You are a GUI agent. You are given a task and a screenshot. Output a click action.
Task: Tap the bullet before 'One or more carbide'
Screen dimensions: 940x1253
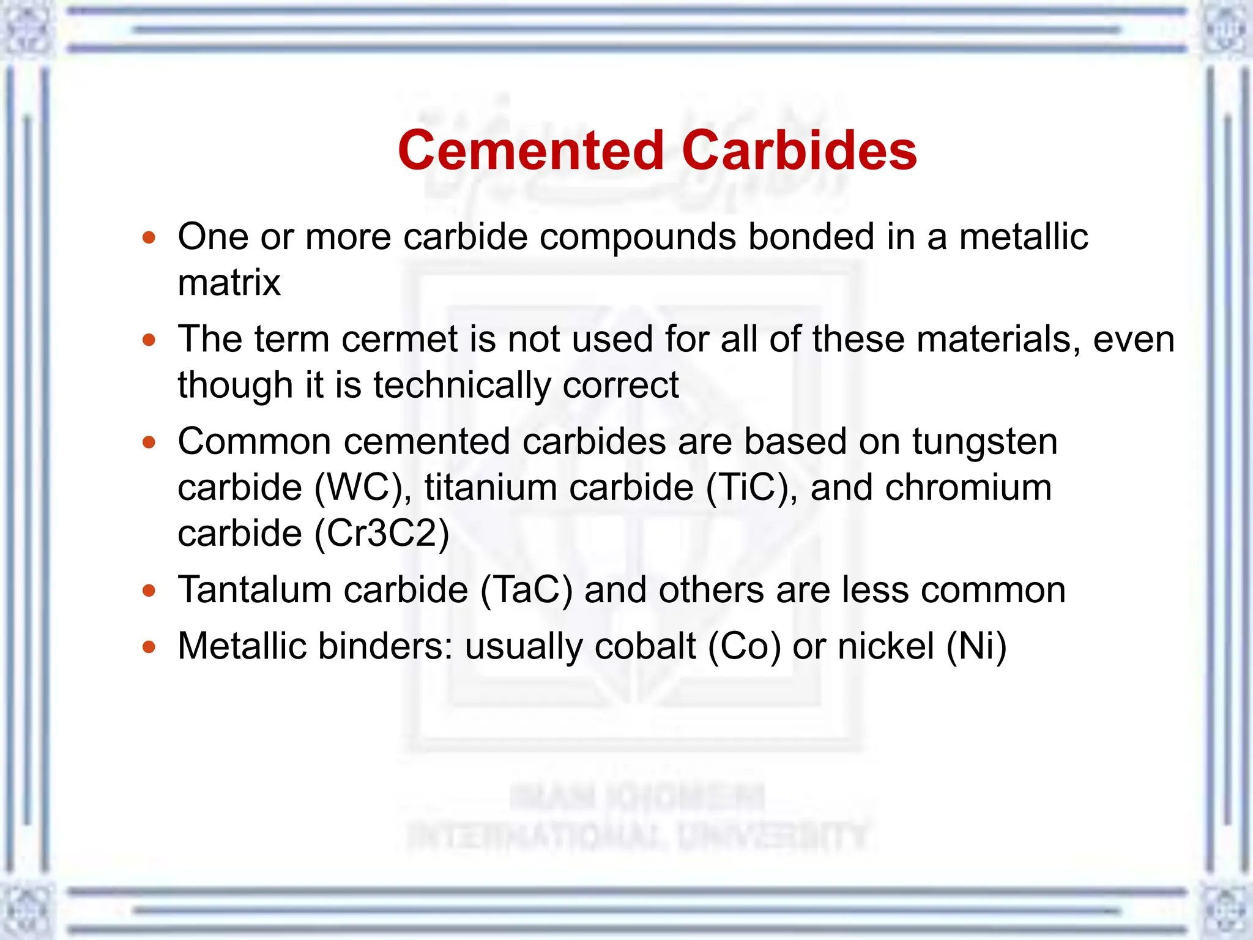pos(149,237)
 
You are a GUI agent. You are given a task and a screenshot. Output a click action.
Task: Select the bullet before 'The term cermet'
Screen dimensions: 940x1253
pos(149,340)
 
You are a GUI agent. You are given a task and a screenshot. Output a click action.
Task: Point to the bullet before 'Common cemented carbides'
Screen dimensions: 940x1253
pos(149,442)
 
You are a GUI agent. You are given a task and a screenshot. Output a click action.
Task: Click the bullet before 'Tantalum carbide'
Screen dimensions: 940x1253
pos(149,591)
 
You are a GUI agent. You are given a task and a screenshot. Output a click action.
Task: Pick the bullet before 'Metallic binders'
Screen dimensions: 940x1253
pos(149,647)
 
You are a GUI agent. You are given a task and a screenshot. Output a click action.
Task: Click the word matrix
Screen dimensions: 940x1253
pos(229,283)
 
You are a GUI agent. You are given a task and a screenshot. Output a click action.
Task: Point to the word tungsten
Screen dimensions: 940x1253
pos(985,442)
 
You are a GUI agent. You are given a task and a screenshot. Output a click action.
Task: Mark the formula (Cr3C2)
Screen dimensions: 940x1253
pos(382,534)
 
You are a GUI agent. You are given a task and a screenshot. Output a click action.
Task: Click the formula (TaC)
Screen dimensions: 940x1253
pos(526,591)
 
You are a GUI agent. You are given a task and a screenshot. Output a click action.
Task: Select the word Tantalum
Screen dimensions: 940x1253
pos(255,591)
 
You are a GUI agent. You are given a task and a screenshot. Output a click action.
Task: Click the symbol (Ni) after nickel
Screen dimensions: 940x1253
pos(976,647)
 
